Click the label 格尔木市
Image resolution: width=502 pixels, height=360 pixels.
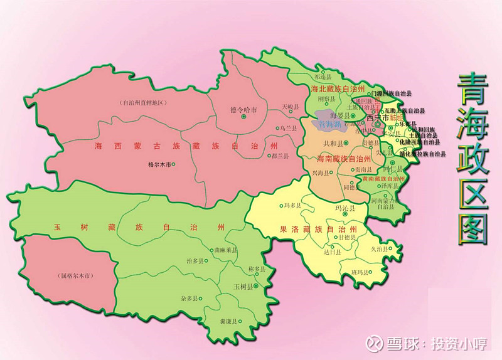tap(158, 164)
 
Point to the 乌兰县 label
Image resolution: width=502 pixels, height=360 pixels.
tap(289, 128)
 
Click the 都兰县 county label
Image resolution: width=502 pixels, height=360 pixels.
tap(280, 155)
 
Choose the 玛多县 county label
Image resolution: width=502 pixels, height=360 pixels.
tap(293, 205)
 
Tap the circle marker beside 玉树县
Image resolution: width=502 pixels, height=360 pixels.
tap(256, 287)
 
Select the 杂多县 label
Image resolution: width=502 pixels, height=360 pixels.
tap(189, 299)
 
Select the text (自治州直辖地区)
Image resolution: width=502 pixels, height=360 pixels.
tap(141, 102)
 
